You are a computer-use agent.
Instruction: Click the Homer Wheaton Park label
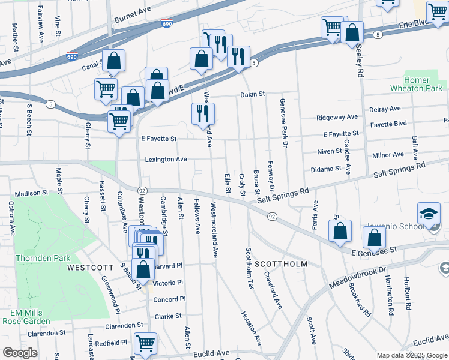(x=425, y=84)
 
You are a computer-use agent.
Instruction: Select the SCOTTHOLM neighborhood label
(x=281, y=264)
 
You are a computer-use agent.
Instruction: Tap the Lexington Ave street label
(x=166, y=160)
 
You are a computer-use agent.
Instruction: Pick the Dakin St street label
(x=253, y=94)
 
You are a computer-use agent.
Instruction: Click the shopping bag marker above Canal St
(x=113, y=60)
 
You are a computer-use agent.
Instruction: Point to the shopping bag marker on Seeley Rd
(x=352, y=32)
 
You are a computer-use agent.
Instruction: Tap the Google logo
(x=20, y=353)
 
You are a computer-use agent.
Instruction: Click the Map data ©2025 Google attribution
(x=411, y=355)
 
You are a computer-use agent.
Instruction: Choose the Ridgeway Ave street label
(x=337, y=117)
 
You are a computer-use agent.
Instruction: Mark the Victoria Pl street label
(x=167, y=283)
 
